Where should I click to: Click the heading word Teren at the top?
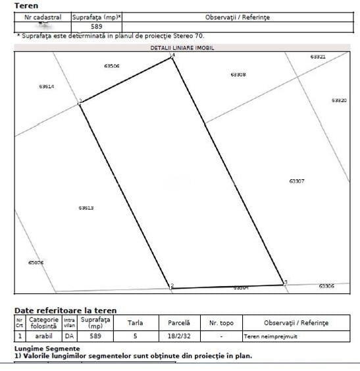pyautogui.click(x=26, y=5)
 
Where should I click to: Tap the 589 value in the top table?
pyautogui.click(x=96, y=26)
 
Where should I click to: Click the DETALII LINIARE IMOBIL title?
pyautogui.click(x=182, y=47)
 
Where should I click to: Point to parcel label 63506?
pyautogui.click(x=112, y=66)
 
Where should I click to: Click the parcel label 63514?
pyautogui.click(x=46, y=86)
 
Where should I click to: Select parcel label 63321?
pyautogui.click(x=318, y=57)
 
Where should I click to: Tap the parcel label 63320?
pyautogui.click(x=339, y=100)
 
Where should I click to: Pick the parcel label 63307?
pyautogui.click(x=296, y=180)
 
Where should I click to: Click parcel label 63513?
pyautogui.click(x=86, y=208)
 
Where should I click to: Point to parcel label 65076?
pyautogui.click(x=36, y=262)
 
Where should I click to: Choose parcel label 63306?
pyautogui.click(x=326, y=286)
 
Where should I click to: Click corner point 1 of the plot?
pyautogui.click(x=80, y=103)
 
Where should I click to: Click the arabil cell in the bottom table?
pyautogui.click(x=43, y=336)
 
